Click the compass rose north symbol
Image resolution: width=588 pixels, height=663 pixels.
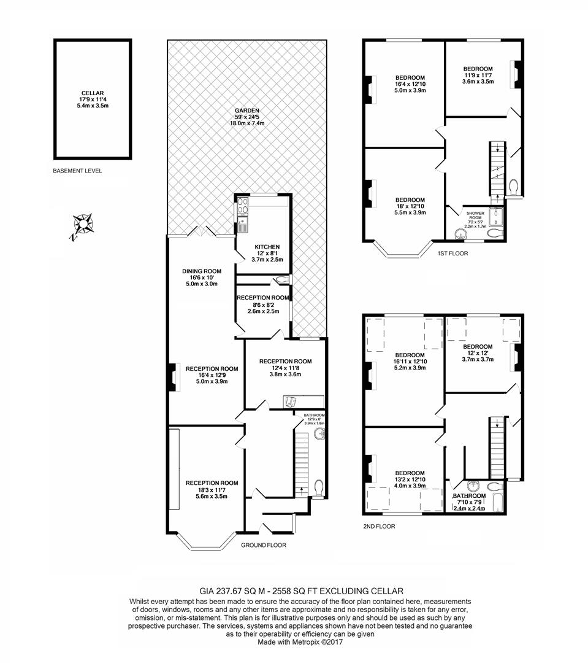click(x=83, y=224)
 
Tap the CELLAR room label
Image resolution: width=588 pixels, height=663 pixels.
click(x=93, y=93)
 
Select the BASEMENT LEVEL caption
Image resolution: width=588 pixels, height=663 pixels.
click(x=77, y=171)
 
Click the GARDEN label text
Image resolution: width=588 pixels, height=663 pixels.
click(x=247, y=110)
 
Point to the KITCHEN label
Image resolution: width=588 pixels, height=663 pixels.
click(x=267, y=247)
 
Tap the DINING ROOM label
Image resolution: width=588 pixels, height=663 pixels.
click(x=202, y=271)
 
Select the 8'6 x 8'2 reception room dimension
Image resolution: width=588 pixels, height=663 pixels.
click(x=263, y=305)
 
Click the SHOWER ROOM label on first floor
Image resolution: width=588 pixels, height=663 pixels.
click(x=475, y=216)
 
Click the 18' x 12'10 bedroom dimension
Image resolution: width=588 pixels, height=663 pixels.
click(x=410, y=206)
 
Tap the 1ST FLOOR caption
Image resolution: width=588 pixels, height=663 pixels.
click(x=453, y=254)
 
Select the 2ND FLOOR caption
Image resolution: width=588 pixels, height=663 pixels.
click(x=379, y=527)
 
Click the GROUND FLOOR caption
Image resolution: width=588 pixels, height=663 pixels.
click(x=264, y=545)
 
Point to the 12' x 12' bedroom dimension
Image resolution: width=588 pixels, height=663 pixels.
click(x=478, y=353)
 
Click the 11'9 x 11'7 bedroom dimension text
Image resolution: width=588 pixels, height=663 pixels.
click(x=478, y=76)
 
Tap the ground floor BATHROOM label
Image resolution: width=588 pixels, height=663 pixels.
click(x=315, y=415)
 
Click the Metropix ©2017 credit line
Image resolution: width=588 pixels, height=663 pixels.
click(x=300, y=642)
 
